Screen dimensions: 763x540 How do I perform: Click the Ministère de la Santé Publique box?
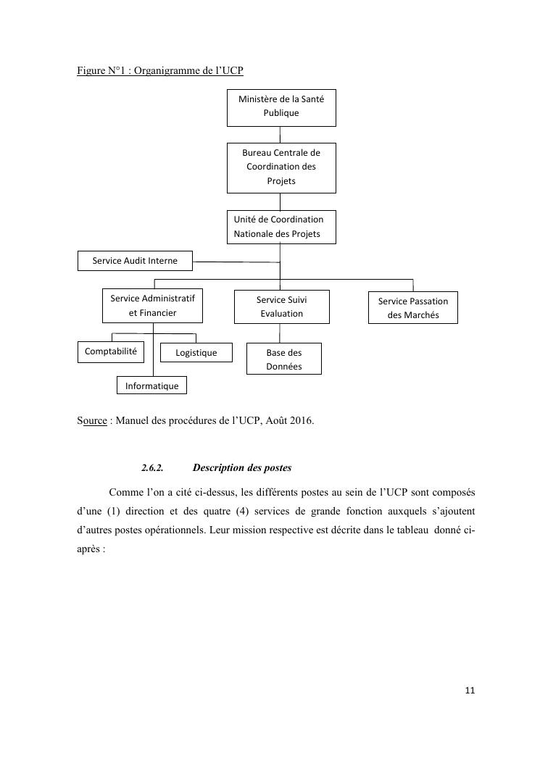coord(281,106)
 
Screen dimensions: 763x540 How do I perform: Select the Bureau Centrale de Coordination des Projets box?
coord(281,167)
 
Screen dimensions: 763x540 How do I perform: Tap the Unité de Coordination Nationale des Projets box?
coord(281,227)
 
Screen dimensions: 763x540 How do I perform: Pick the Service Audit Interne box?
coord(136,261)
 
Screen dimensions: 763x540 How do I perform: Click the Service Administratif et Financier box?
coord(152,306)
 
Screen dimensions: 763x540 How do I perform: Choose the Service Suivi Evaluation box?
coord(281,307)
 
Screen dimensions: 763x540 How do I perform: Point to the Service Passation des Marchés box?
coord(412,308)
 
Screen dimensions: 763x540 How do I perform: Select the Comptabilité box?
coord(111,351)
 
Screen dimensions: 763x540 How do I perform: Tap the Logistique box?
coord(196,353)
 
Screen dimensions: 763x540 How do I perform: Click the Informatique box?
coord(151,385)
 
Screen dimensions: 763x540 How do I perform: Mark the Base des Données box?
coord(283,359)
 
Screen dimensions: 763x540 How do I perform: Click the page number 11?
coord(470,691)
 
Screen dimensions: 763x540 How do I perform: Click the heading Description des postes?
coord(242,468)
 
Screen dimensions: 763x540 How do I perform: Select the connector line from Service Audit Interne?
coord(236,262)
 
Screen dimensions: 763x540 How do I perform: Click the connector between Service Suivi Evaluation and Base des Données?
coord(281,333)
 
